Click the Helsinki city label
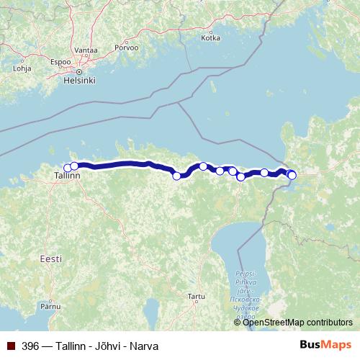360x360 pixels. tap(80, 81)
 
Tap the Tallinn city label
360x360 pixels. tap(67, 176)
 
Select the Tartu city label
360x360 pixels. tap(196, 296)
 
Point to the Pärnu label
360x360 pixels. tap(50, 307)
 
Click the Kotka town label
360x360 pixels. tap(211, 38)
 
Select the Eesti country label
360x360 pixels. tap(51, 258)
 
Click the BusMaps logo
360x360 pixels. tap(325, 345)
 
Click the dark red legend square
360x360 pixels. tap(10, 345)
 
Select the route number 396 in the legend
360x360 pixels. tap(30, 345)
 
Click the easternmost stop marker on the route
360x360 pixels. tap(292, 175)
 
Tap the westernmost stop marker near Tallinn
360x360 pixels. tap(68, 168)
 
